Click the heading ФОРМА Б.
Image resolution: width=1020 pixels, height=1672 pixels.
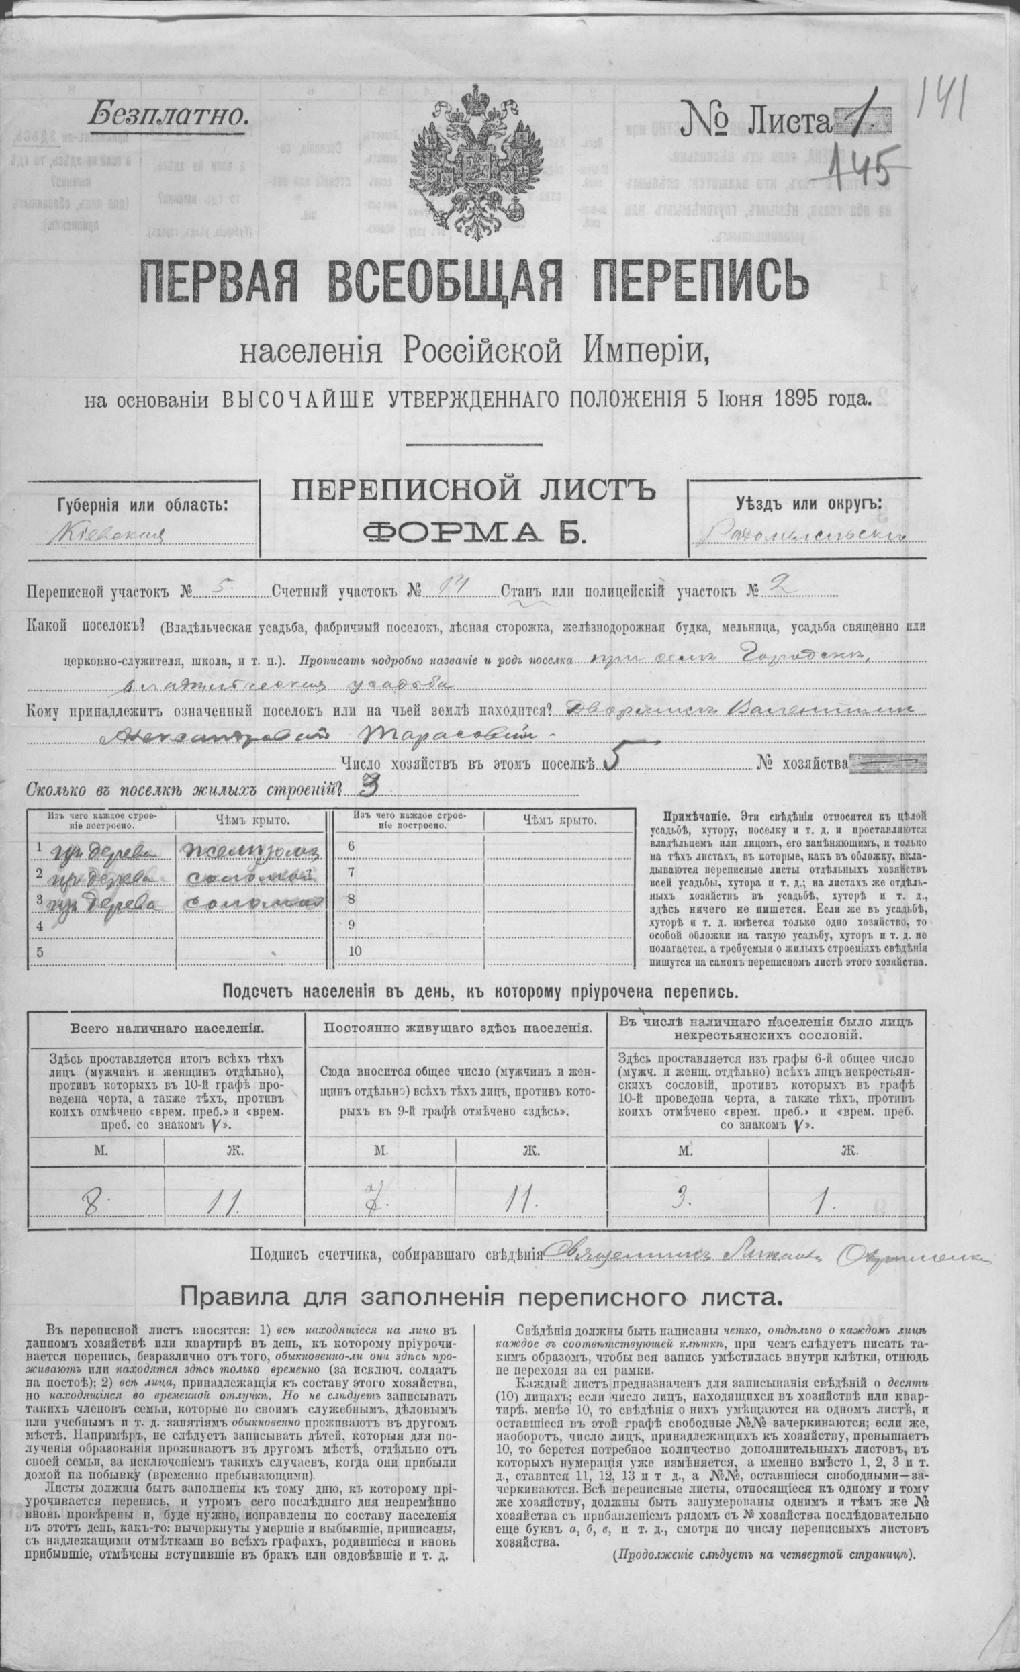pyautogui.click(x=473, y=533)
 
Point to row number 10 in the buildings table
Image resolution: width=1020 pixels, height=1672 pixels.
pyautogui.click(x=354, y=951)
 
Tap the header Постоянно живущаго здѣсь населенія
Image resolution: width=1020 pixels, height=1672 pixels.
pyautogui.click(x=457, y=1028)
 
